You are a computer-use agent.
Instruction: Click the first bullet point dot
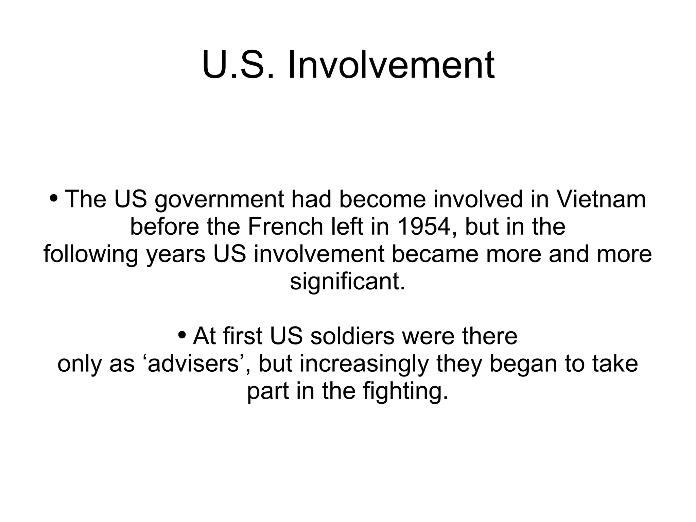(x=53, y=198)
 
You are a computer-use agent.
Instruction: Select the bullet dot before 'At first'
(x=182, y=335)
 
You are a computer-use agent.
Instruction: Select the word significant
(x=347, y=282)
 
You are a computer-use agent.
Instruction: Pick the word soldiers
(x=352, y=336)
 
